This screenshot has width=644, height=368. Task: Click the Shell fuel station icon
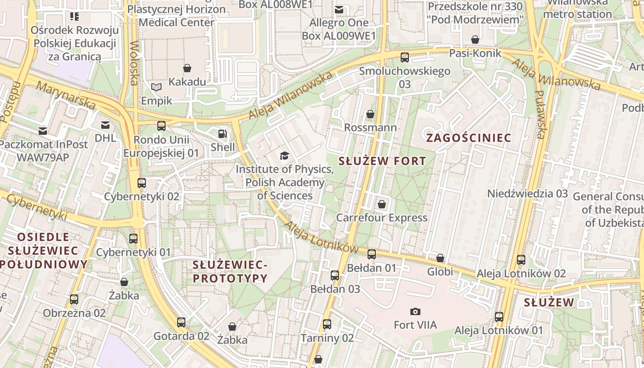[223, 134]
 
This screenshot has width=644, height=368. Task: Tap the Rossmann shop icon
[370, 114]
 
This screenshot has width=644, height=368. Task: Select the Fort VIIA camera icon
[415, 312]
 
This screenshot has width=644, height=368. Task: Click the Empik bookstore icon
[156, 87]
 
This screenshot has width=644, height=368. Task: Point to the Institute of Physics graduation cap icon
[284, 155]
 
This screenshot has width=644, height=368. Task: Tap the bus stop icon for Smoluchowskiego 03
[404, 57]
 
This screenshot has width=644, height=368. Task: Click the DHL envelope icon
[105, 125]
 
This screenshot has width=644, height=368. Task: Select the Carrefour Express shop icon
[381, 204]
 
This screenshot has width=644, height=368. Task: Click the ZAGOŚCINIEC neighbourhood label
[468, 138]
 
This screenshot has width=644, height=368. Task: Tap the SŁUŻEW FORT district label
[382, 161]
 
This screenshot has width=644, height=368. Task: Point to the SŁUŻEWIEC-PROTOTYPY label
[230, 271]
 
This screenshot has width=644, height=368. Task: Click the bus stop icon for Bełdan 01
[371, 254]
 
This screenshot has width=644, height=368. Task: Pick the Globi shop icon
[440, 258]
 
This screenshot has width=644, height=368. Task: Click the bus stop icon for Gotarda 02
[181, 322]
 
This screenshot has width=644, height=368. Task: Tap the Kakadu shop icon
[187, 69]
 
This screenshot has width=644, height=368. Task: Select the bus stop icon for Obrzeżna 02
[74, 299]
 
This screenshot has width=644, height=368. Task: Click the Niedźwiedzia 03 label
[528, 193]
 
